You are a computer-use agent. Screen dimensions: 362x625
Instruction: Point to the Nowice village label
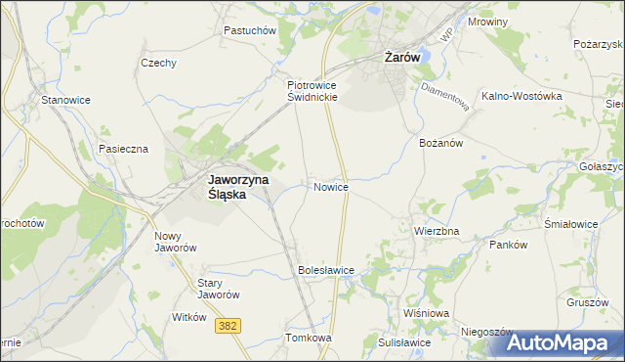click(x=331, y=186)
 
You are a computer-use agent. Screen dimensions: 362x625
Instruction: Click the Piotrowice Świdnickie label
click(x=325, y=91)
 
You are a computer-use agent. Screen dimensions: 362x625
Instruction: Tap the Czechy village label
click(x=158, y=63)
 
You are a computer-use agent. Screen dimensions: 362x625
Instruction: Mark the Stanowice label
click(x=65, y=100)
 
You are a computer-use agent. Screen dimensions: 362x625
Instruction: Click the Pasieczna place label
click(x=123, y=149)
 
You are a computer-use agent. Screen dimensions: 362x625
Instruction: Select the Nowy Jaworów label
click(x=176, y=242)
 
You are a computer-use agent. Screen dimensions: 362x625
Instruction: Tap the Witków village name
click(x=188, y=317)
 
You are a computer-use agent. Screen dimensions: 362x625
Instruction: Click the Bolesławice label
click(x=325, y=269)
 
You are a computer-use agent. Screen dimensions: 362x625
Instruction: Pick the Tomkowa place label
click(x=309, y=338)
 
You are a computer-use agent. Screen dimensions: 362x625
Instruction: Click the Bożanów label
click(x=440, y=142)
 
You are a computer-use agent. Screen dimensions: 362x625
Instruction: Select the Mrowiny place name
click(x=487, y=21)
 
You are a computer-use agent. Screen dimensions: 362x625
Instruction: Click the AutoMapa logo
click(x=560, y=343)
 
